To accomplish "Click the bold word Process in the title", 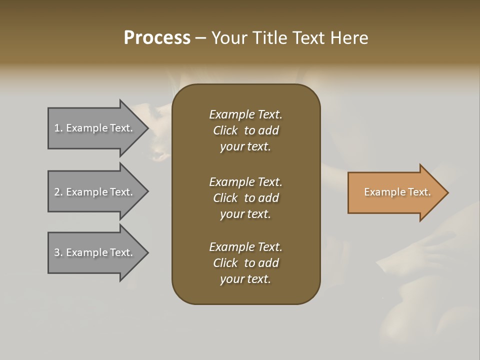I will tap(157, 38).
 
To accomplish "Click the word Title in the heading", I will tap(269, 38).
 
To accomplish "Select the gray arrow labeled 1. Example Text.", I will tap(95, 128).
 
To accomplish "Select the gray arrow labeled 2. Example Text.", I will tap(95, 192).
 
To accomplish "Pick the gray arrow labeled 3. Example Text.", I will tap(95, 252).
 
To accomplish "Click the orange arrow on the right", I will tap(395, 192).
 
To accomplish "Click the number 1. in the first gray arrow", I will tap(58, 128).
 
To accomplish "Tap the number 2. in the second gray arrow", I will tap(58, 192).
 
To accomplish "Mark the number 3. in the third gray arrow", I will tap(58, 252).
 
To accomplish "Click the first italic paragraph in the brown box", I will tap(245, 130).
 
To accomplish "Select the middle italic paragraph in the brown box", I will tap(245, 197).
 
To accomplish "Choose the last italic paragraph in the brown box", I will tap(245, 263).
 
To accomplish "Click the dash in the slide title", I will tap(201, 38).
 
